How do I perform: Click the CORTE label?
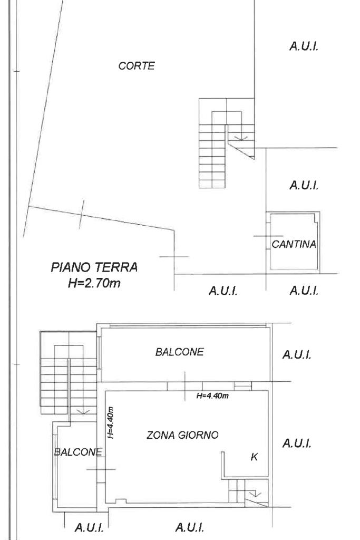point(137,66)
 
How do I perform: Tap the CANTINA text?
point(294,244)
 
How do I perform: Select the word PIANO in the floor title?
point(71,267)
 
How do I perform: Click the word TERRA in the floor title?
point(116,267)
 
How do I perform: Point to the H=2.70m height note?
point(94,283)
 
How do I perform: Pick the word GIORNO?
point(199,435)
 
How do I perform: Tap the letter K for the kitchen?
point(255,457)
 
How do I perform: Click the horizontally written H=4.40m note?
point(212,396)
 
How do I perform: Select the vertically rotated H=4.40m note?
point(110,422)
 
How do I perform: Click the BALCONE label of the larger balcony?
point(179,352)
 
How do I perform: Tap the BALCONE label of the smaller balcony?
point(78,452)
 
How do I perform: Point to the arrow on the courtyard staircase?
point(240,138)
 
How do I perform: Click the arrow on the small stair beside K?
point(255,494)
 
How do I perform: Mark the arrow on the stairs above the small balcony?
point(83,411)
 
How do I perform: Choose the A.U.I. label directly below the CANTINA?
point(304,291)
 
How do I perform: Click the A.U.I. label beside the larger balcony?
point(297,354)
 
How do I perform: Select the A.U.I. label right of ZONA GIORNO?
point(297,443)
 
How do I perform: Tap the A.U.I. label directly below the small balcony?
point(89,527)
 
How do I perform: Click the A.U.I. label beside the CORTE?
point(304,46)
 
